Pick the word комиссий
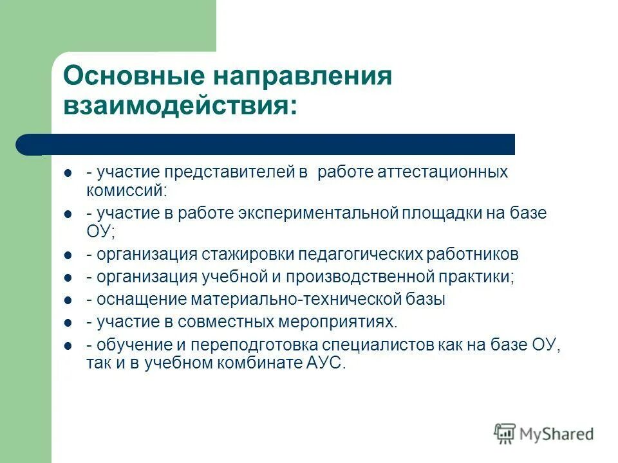pos(126,190)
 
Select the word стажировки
pos(247,255)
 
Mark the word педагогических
pos(360,255)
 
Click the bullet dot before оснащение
pos(68,300)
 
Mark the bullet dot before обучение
pos(68,346)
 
